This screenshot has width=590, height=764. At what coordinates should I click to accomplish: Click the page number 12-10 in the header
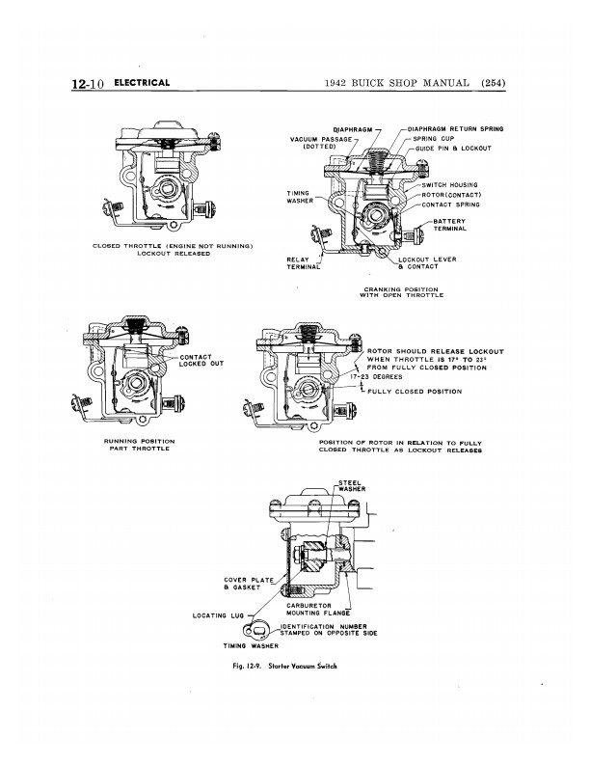(88, 83)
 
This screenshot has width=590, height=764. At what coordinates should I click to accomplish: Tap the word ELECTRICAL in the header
(142, 83)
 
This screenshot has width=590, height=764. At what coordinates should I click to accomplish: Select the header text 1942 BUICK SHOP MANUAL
(397, 83)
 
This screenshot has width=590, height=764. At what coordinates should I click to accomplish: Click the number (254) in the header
(494, 83)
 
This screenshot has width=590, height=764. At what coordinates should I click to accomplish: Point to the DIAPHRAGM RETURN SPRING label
(455, 129)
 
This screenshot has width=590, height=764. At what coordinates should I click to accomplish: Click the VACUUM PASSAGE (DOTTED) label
(321, 143)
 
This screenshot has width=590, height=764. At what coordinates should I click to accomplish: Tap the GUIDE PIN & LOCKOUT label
(453, 149)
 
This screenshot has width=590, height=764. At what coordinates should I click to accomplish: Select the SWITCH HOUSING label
(449, 184)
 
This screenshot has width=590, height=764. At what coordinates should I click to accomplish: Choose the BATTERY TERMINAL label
(450, 225)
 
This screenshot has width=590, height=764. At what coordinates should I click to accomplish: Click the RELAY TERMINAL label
(304, 263)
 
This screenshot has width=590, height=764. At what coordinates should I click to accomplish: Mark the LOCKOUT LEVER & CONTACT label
(427, 263)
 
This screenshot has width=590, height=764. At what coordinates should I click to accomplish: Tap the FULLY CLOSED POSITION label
(415, 392)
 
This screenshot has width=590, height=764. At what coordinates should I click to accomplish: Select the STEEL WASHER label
(352, 486)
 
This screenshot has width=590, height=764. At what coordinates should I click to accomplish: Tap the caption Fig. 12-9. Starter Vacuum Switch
(284, 666)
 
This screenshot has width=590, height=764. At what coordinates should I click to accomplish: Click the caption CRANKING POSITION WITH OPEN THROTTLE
(402, 292)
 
